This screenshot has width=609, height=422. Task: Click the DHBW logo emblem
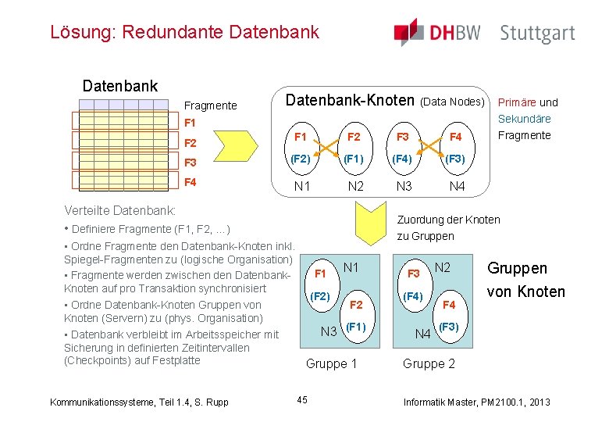click(408, 31)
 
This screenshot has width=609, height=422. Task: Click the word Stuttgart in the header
click(537, 33)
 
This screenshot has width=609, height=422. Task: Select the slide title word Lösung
click(73, 32)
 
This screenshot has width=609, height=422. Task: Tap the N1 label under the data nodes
click(301, 186)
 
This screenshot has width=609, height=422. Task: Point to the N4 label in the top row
click(456, 186)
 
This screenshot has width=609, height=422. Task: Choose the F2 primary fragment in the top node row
click(353, 137)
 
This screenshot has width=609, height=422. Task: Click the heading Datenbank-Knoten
click(349, 101)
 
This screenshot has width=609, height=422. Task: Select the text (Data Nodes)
click(453, 102)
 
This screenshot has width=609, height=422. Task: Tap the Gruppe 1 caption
click(331, 363)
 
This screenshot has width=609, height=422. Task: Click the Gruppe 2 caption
click(429, 363)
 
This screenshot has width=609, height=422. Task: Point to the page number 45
click(302, 401)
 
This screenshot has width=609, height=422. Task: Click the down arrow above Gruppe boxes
click(373, 217)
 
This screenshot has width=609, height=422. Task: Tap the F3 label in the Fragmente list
click(190, 163)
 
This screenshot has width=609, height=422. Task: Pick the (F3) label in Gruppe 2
click(448, 327)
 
